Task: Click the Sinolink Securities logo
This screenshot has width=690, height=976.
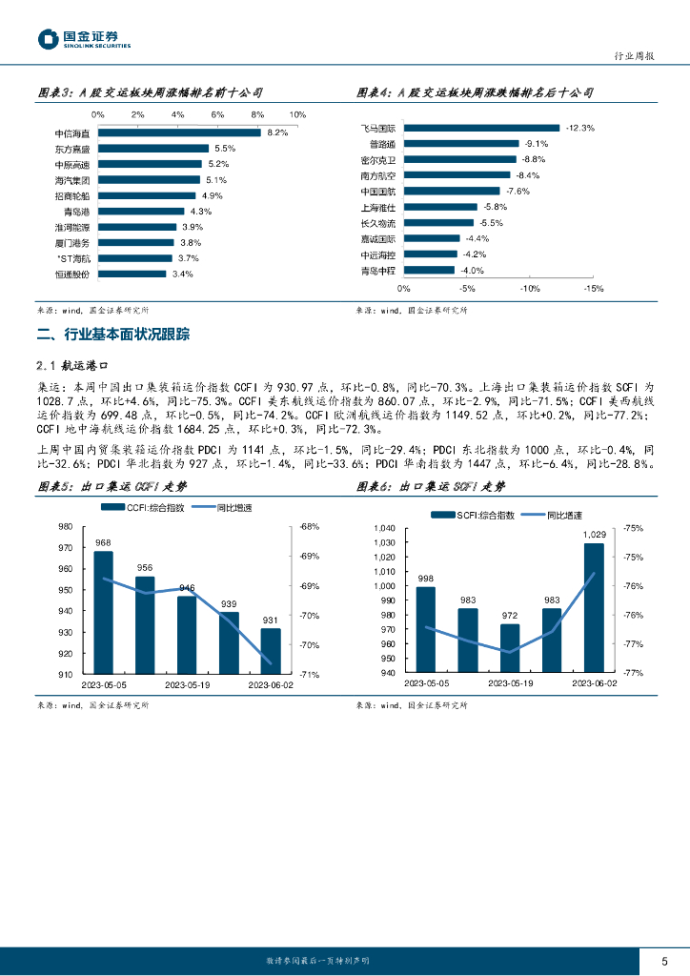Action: point(84,39)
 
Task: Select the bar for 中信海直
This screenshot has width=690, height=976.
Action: point(178,132)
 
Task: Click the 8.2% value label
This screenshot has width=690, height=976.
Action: point(277,132)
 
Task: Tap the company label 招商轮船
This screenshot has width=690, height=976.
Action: point(73,195)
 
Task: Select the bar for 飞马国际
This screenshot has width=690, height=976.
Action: point(481,127)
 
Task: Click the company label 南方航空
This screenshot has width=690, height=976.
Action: point(377,175)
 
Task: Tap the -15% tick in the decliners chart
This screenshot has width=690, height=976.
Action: point(593,288)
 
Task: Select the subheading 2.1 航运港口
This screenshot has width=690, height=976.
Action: point(80,365)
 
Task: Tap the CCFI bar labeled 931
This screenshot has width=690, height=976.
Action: point(271,651)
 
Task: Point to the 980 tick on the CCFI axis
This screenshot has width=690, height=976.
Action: point(66,526)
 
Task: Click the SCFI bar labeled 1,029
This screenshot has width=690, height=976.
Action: point(594,607)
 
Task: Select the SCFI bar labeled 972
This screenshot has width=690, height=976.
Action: point(510,648)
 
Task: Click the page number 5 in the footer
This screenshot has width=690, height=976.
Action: point(664,961)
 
